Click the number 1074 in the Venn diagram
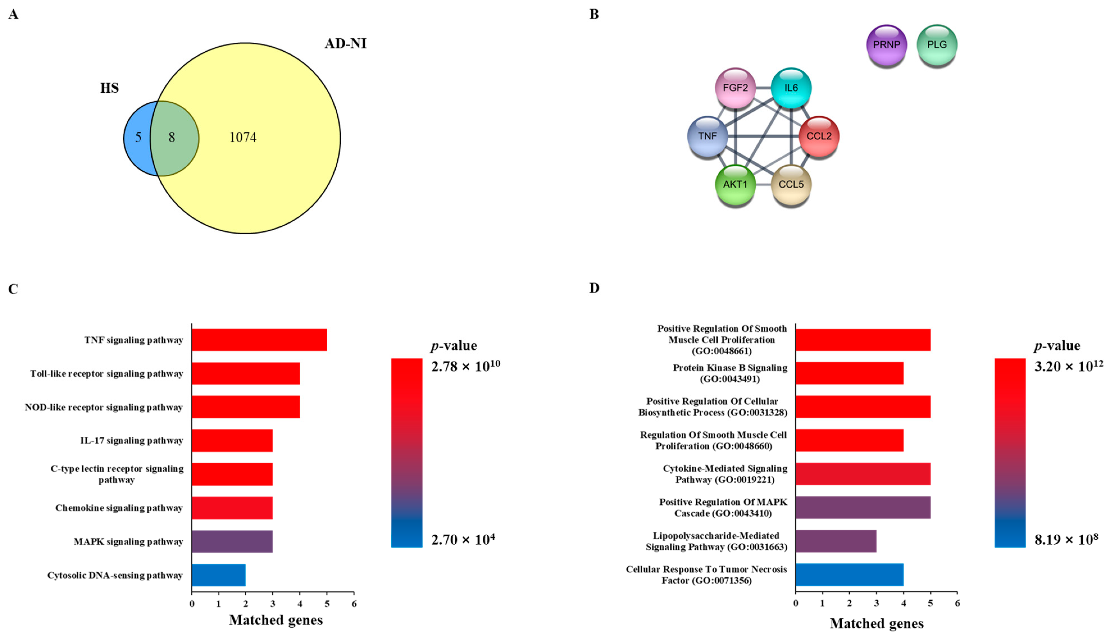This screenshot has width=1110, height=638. click(243, 138)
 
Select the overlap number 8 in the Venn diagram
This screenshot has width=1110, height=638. click(172, 138)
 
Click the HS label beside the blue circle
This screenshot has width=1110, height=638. click(109, 88)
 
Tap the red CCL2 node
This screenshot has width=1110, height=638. click(818, 136)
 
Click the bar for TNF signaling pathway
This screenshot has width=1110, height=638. click(259, 340)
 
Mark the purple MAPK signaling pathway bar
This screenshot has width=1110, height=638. click(232, 542)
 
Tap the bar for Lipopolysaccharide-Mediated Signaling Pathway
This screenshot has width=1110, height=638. click(835, 541)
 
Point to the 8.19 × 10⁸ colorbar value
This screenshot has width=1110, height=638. click(1066, 539)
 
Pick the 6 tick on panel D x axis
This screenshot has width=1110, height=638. click(957, 604)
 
